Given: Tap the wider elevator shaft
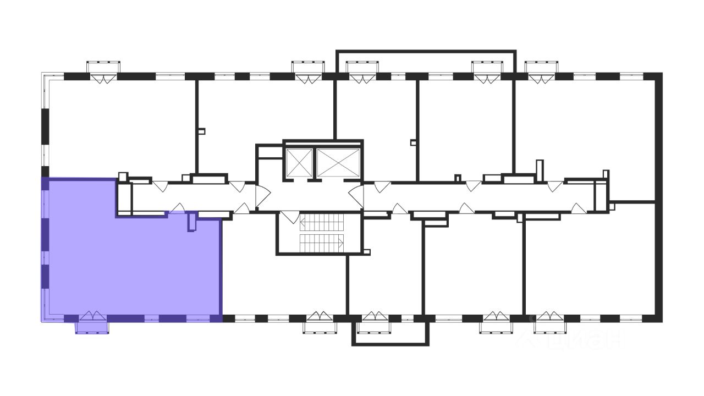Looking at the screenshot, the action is [338, 161].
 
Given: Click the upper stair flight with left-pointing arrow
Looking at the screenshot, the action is [322, 222].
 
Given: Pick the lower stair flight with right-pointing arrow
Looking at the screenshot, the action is [322, 241].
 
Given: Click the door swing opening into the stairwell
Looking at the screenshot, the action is [289, 217].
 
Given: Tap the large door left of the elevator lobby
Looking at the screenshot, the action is [263, 194].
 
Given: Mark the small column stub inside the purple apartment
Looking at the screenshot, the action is [192, 223].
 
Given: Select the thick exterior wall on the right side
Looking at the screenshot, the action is [659, 195].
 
